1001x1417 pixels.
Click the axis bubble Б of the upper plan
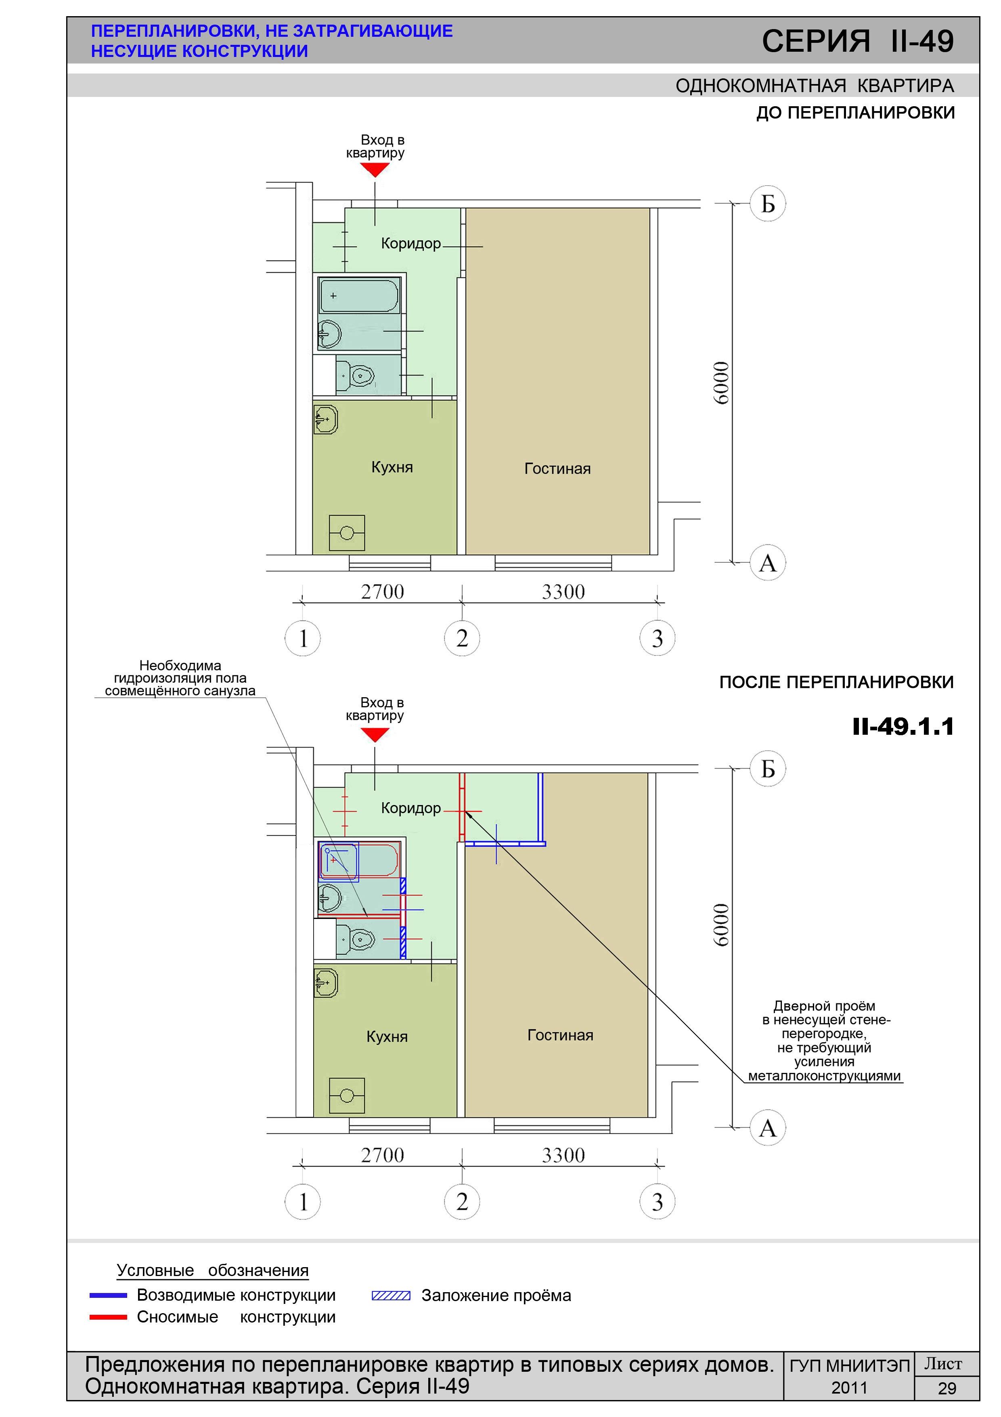(x=767, y=203)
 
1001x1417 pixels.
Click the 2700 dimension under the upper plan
(x=382, y=592)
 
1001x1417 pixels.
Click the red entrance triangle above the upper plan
(x=375, y=170)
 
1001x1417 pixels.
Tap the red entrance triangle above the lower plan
(x=375, y=734)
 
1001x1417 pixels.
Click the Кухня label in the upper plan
(x=392, y=467)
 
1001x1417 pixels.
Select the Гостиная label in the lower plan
(x=560, y=1035)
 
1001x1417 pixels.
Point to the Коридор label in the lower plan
(x=411, y=808)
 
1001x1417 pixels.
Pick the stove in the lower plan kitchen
(x=347, y=1095)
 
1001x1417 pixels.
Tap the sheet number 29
(x=947, y=1389)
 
